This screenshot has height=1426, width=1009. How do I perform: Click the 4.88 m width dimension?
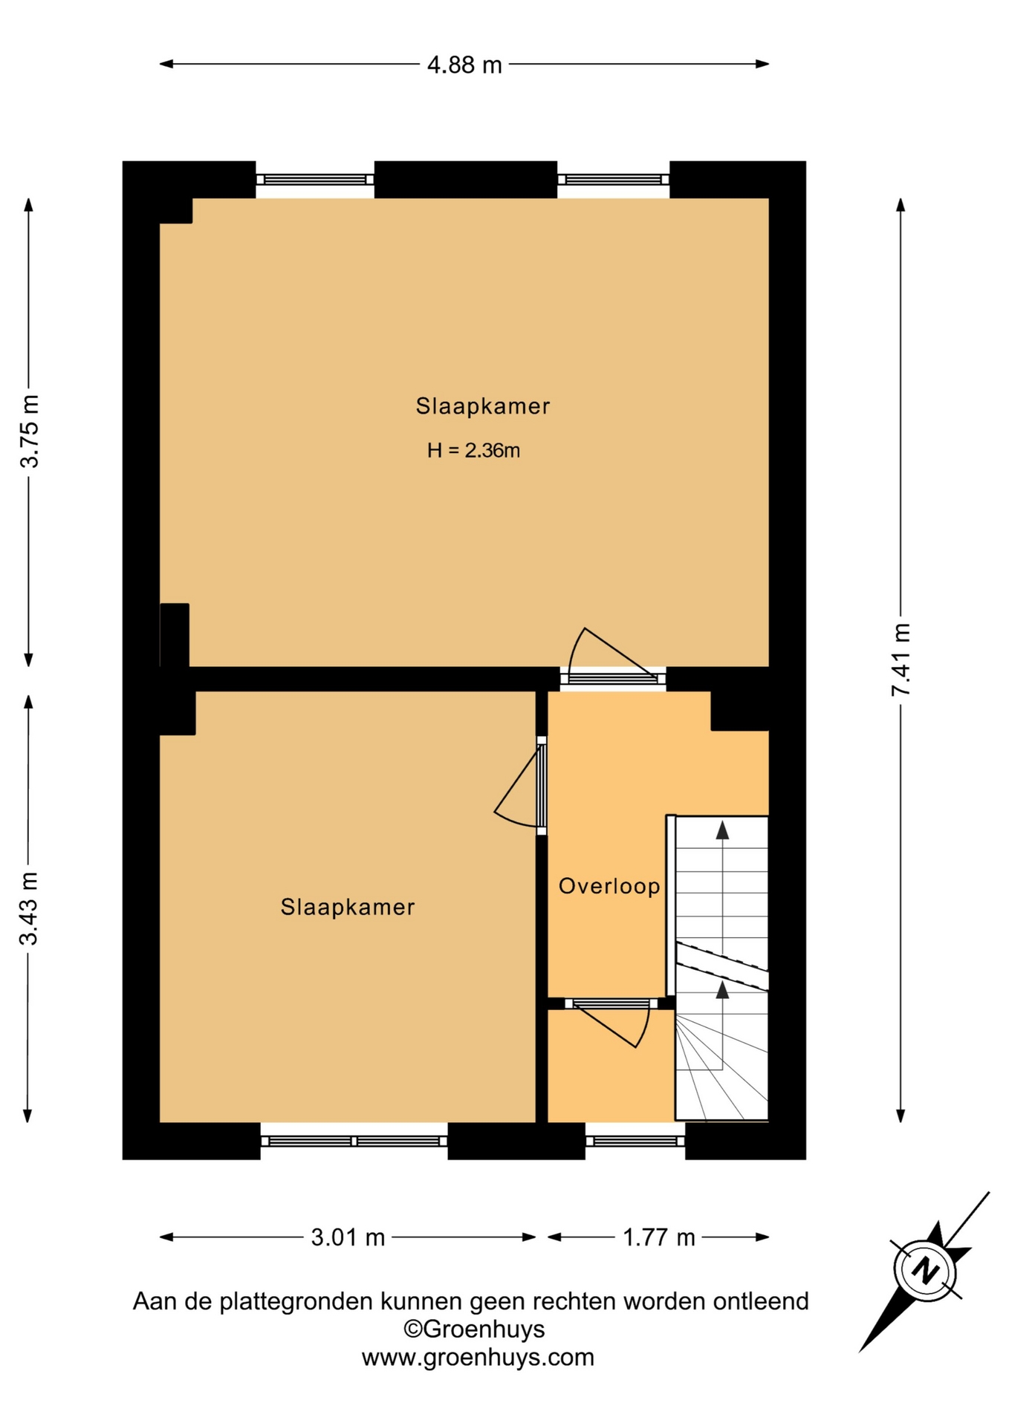(464, 65)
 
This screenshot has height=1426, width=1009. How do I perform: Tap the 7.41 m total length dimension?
(901, 660)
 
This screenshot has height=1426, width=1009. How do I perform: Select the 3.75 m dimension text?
(29, 431)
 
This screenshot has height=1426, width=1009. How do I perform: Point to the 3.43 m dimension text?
(29, 908)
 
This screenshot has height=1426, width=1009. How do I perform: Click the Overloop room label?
(609, 886)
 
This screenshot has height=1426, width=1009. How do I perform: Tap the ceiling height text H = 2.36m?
(473, 450)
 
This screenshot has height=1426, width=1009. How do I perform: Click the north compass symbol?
(925, 1272)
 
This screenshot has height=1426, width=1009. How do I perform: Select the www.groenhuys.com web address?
(478, 1358)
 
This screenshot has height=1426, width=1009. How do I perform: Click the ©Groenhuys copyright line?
(474, 1329)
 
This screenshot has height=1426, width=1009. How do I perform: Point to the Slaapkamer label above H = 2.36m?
(483, 406)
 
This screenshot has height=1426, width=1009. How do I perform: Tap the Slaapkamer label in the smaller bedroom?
(348, 907)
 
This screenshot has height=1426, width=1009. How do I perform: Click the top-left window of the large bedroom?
(315, 180)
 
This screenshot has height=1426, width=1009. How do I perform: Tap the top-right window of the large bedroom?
(614, 180)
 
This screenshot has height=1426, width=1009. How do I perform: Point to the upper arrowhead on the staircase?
(722, 830)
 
